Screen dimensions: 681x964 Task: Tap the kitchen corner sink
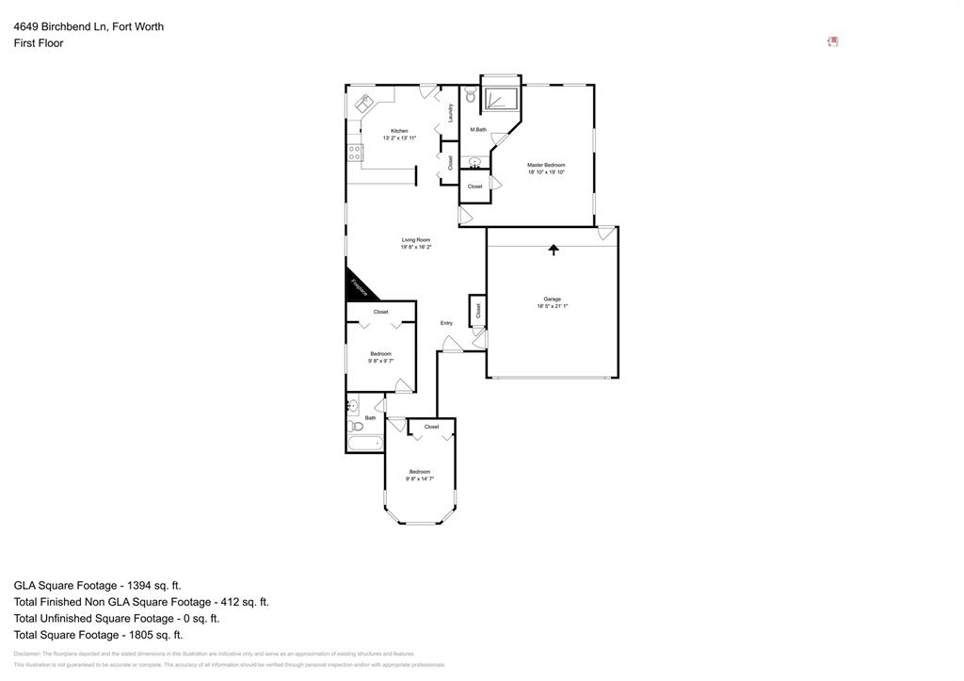(364, 103)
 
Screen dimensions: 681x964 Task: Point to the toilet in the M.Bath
(470, 96)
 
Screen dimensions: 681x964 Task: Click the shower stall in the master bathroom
(500, 99)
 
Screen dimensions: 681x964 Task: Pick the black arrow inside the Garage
(554, 250)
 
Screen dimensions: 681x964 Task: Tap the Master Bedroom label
(546, 165)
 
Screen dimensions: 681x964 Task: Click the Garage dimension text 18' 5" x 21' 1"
(553, 306)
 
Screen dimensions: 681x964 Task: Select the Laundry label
(451, 112)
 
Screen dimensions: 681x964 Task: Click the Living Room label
(416, 240)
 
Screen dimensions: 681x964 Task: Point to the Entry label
(446, 323)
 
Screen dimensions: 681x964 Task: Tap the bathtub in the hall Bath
(365, 443)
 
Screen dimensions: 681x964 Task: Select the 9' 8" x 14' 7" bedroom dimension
(420, 478)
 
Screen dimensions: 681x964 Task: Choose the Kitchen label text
(399, 131)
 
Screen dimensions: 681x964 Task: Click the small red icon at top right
(832, 41)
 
